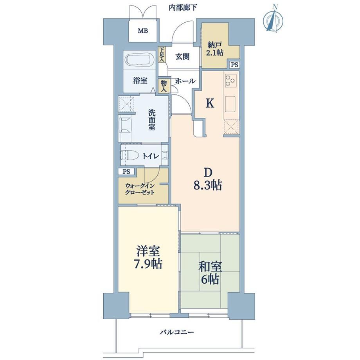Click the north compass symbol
[x=273, y=20]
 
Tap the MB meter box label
[x=143, y=31]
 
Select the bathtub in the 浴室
[x=140, y=60]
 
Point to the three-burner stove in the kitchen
[x=230, y=80]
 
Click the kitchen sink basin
[x=230, y=104]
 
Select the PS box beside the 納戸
[x=234, y=65]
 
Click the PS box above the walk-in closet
[x=126, y=171]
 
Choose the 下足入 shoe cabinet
[x=162, y=54]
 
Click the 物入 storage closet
[x=164, y=86]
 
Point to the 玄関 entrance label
[x=182, y=56]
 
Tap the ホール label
[x=185, y=81]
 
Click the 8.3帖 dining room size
[x=208, y=185]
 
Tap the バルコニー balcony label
[x=177, y=332]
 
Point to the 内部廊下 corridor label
[x=183, y=8]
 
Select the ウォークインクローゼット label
[x=139, y=189]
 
